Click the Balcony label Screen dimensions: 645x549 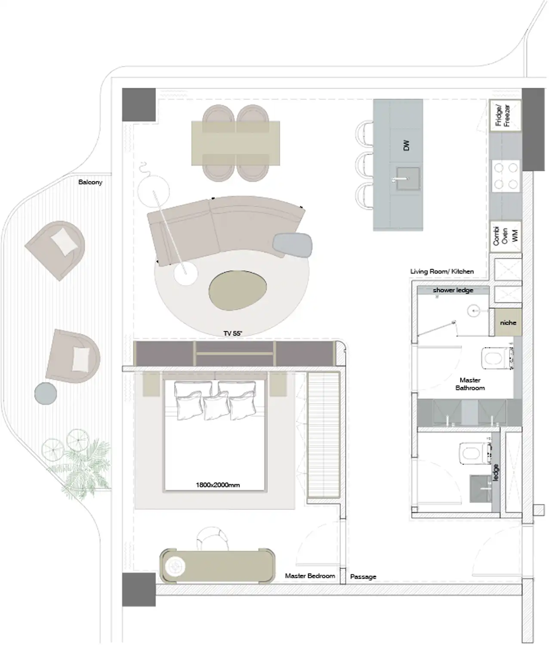pos(90,182)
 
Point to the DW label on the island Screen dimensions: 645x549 pos(406,145)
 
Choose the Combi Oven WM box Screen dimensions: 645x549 pos(505,236)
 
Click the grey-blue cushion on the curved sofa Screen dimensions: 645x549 pos(292,244)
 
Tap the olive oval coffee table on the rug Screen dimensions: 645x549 pos(238,290)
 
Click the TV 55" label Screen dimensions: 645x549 pos(233,334)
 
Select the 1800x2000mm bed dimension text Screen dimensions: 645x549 pos(218,485)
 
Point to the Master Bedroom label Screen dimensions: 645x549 pos(310,576)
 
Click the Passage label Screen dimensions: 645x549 pos(363,577)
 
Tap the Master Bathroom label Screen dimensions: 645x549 pos(470,384)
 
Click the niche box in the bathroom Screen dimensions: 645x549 pos(508,322)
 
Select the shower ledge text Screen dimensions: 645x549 pos(453,290)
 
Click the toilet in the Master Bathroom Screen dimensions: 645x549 pos(497,358)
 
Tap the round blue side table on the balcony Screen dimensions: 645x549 pos(46,393)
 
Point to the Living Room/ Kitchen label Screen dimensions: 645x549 pos(442,272)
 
